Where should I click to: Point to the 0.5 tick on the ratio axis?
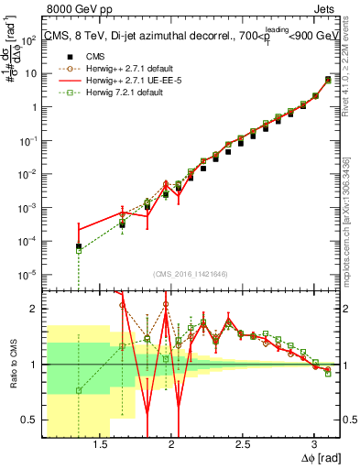[x=32, y=420]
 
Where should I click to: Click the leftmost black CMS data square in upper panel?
[x=79, y=246]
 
